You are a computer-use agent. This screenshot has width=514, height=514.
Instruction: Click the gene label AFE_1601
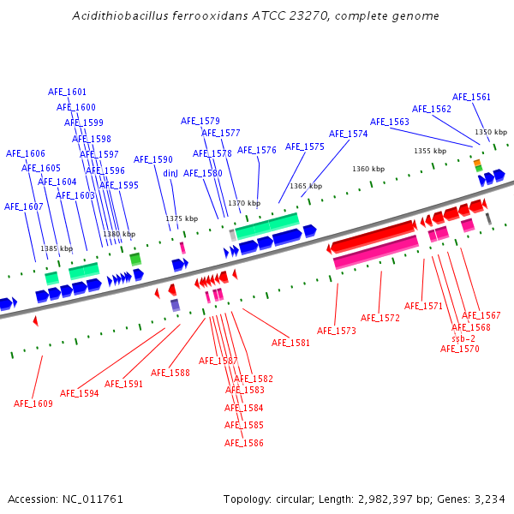pos(67,92)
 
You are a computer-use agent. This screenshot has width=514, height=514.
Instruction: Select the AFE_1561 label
pos(471,97)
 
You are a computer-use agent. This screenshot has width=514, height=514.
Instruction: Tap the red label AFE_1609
pos(33,403)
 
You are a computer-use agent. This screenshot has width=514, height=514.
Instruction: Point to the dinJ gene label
pos(170,173)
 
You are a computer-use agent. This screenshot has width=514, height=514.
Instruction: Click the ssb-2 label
pos(463,338)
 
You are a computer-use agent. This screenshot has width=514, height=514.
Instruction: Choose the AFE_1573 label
pos(336,331)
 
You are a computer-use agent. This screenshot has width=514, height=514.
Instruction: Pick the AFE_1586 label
pos(243,443)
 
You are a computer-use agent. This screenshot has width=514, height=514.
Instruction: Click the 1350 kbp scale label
pos(491,132)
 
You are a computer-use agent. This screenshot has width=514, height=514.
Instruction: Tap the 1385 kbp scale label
pos(57,248)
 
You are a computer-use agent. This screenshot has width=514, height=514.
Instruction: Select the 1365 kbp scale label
pos(306,186)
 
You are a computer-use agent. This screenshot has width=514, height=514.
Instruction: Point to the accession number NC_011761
pos(93,499)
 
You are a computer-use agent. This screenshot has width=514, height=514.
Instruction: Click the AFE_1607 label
pos(23,206)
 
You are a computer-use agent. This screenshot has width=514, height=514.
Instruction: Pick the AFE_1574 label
pos(348,134)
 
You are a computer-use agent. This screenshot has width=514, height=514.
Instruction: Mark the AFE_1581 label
pos(290,343)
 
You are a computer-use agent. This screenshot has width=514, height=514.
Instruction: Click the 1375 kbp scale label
pos(181,218)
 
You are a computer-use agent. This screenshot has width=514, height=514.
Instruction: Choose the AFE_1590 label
pos(152,159)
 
